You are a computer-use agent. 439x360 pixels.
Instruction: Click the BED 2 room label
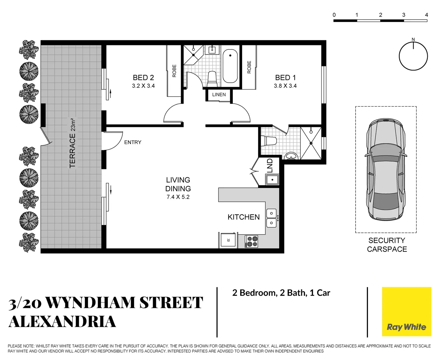[x=143, y=78]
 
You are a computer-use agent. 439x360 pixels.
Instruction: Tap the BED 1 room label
[x=285, y=78]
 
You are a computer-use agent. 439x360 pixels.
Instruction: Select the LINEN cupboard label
[x=219, y=95]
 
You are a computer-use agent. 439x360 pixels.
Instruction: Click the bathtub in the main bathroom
[x=230, y=66]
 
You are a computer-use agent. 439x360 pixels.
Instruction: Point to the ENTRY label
[x=133, y=142]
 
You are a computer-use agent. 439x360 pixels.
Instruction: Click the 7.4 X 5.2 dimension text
[x=178, y=197]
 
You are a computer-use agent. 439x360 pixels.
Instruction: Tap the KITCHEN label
[x=244, y=217]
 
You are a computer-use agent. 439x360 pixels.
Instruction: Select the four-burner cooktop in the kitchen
[x=252, y=241]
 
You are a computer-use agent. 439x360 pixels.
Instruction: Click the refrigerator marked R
[x=228, y=240]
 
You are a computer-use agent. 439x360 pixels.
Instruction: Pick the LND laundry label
[x=270, y=166]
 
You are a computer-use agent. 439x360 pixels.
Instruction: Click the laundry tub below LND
[x=272, y=180]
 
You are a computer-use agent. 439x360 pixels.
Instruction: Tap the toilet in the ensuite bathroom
[x=269, y=141]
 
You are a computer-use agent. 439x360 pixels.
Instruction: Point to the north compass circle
[x=413, y=56]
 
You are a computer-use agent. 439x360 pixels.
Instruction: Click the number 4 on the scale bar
[x=426, y=15]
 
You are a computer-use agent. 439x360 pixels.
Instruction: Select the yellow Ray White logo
[x=406, y=311]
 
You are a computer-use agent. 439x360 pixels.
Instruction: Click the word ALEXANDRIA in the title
[x=62, y=322]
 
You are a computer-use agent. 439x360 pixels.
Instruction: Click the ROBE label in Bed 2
[x=174, y=71]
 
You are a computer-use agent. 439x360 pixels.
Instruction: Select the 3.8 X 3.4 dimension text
[x=285, y=86]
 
